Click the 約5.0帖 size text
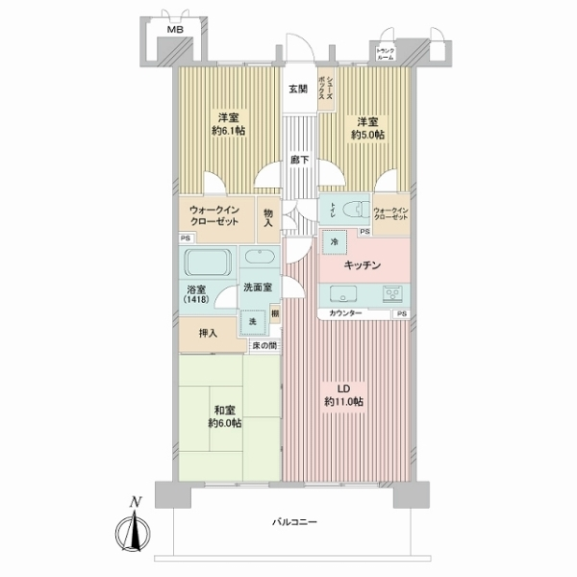click(366, 136)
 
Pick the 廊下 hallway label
click(300, 160)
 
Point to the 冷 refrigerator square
click(333, 245)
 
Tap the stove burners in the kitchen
click(394, 294)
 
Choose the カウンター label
click(346, 314)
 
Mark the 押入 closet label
click(207, 334)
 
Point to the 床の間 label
click(263, 345)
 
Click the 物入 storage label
click(267, 218)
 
